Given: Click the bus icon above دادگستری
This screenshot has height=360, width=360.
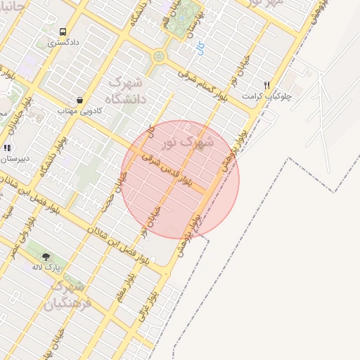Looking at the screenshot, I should point(63,32).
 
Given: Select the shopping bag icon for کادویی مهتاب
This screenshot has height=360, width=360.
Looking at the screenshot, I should point(80,100).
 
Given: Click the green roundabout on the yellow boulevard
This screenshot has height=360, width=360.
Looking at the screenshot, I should point(159,56).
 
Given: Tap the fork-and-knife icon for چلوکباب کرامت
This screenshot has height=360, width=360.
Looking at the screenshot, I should point(266,84).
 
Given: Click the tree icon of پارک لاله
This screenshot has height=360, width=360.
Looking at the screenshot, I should point(46,257).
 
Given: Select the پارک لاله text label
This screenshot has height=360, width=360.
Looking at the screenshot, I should point(47,268).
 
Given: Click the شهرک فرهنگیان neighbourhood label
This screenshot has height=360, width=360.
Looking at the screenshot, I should point(67,295).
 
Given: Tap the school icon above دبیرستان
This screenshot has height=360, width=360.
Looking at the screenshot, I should point(8,148).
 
